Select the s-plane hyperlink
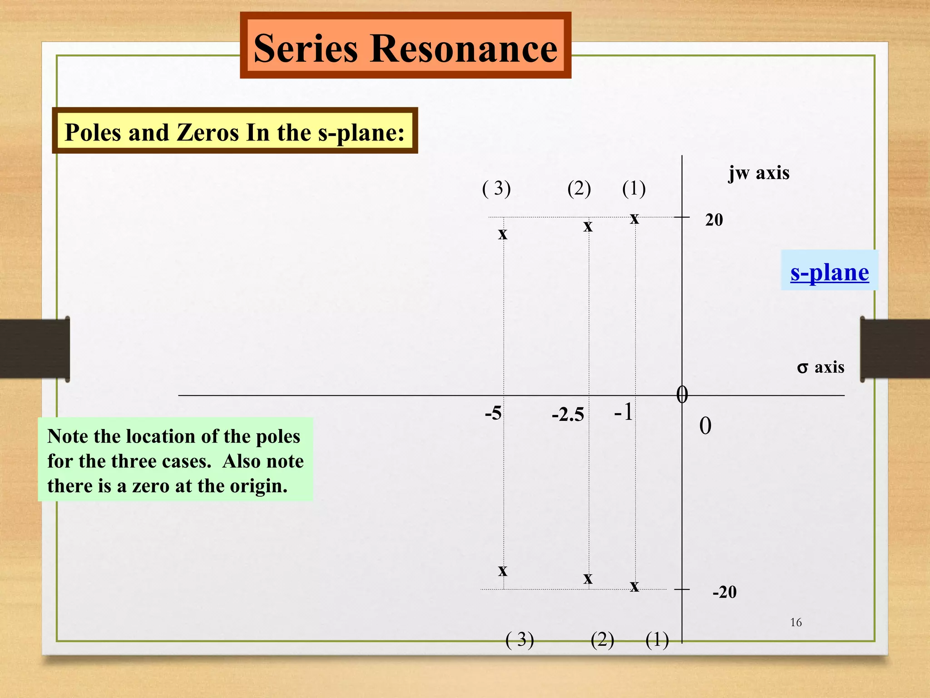(829, 273)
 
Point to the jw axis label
(759, 173)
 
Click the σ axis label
(820, 367)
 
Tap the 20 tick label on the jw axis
(714, 220)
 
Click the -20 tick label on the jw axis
(724, 592)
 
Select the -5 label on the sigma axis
(493, 414)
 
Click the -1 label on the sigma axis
(623, 412)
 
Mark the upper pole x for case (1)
(634, 219)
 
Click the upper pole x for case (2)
(588, 226)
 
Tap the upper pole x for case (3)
(502, 234)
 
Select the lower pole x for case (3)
(502, 571)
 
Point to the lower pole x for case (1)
(634, 587)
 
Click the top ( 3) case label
(496, 188)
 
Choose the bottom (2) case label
(602, 640)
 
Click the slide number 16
(796, 623)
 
